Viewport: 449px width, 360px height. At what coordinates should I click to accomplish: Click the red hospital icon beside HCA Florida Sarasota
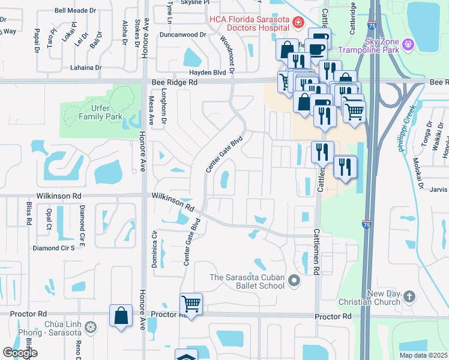tap(297, 23)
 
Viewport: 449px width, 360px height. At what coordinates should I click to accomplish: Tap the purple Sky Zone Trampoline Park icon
tap(408, 44)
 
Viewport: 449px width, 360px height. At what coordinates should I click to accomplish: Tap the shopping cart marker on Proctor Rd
tap(191, 304)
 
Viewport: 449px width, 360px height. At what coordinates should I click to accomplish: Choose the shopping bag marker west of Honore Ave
tap(121, 316)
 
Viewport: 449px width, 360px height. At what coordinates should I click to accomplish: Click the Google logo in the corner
tap(20, 352)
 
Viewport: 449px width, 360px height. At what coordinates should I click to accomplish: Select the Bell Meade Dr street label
tap(74, 10)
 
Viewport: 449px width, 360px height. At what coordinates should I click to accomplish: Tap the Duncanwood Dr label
tap(182, 35)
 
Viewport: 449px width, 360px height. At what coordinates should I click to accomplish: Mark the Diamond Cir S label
tap(53, 248)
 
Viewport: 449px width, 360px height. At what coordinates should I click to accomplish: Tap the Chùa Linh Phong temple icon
tap(90, 328)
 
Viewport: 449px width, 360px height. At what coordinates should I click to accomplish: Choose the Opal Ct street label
tap(49, 220)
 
